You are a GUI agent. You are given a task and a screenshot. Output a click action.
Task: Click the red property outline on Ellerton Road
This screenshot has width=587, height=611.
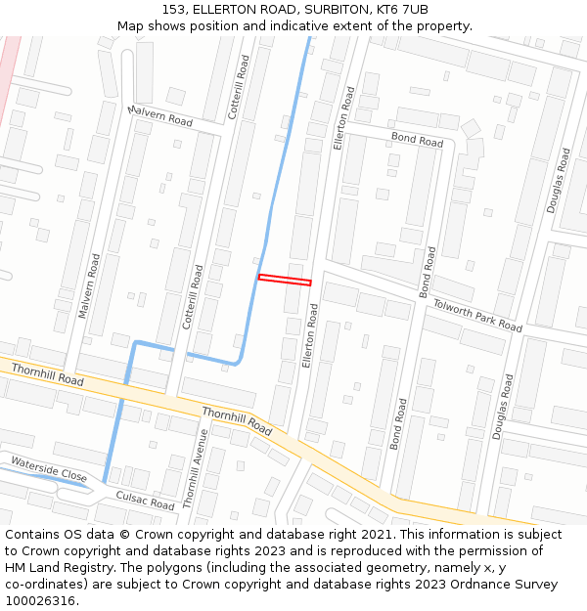point(285,280)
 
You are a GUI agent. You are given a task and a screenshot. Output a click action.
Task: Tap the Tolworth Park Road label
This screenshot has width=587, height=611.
point(477,316)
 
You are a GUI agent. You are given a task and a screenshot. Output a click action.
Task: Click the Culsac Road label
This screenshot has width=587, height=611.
point(145,501)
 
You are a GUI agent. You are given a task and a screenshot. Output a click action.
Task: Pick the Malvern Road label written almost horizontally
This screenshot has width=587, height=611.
point(160,115)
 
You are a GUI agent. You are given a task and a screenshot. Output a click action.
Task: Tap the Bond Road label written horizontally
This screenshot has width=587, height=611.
point(417,140)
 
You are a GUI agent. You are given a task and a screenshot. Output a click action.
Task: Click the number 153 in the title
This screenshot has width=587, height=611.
point(175,10)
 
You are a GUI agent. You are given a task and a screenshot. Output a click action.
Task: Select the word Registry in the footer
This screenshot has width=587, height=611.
point(86,568)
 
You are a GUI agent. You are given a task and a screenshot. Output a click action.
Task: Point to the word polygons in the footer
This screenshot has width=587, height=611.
point(179,568)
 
